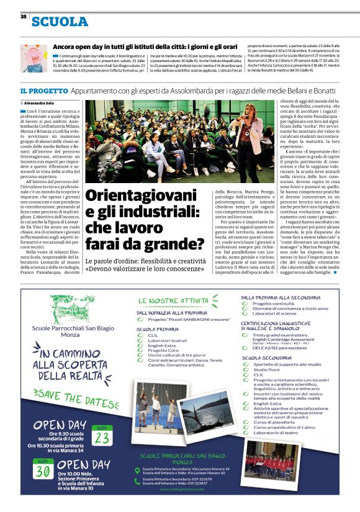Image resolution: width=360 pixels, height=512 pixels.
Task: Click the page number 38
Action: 23,17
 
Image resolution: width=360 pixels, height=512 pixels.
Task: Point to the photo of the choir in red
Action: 269,460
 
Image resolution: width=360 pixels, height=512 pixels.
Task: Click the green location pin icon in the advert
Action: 137,471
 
